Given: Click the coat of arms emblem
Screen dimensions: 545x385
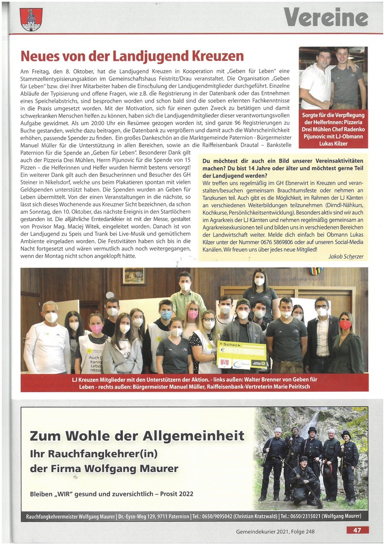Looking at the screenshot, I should [x=31, y=20].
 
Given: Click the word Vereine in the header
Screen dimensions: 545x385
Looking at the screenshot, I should [x=326, y=18].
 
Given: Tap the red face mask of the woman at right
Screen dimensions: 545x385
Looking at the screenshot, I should [x=345, y=325].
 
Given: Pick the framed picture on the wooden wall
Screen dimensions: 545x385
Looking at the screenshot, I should [x=134, y=276].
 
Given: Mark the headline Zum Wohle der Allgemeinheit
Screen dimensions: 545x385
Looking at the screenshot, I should [x=137, y=436].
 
